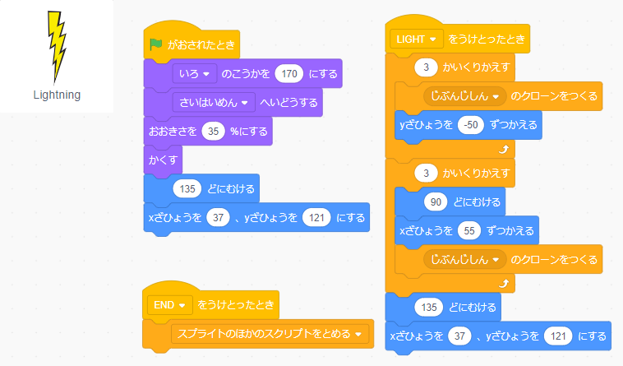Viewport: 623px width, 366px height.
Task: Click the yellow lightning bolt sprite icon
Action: pos(56,45)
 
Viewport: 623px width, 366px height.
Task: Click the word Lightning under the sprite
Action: pos(57,95)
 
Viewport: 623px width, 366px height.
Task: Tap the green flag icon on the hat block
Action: pos(155,45)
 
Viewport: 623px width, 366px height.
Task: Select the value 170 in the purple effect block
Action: pos(288,74)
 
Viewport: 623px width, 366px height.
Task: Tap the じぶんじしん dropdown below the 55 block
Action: pos(464,260)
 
